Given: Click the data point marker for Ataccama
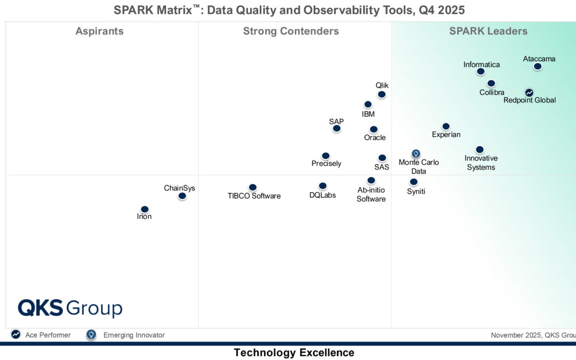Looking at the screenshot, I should [x=538, y=67].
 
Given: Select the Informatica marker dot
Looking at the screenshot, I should [x=481, y=71].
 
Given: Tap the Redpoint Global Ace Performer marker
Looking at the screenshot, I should [x=529, y=92].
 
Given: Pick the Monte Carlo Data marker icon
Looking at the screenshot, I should [x=416, y=154].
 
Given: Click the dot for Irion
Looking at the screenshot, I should [x=145, y=209].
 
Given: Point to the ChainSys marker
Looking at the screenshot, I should [x=182, y=196].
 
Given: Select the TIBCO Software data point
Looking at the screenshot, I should [x=253, y=187].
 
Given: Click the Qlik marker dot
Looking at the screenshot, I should [x=382, y=94].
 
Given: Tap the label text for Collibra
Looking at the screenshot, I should [x=492, y=92].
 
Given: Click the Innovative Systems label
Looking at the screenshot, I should [x=481, y=163].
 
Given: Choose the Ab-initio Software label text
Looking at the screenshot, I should [x=371, y=194].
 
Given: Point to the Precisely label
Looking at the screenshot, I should [x=326, y=164].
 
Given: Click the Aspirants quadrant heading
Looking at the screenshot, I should [x=99, y=31].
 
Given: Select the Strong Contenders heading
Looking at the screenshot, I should [x=291, y=31].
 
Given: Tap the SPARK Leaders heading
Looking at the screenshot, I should [x=488, y=31].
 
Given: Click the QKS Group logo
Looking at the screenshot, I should [x=70, y=308].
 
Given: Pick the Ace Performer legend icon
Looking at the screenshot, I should [x=16, y=335].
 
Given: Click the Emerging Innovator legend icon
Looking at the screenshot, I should [x=91, y=335].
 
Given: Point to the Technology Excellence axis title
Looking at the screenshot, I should [x=294, y=353].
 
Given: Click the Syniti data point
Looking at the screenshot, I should [x=414, y=182].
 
